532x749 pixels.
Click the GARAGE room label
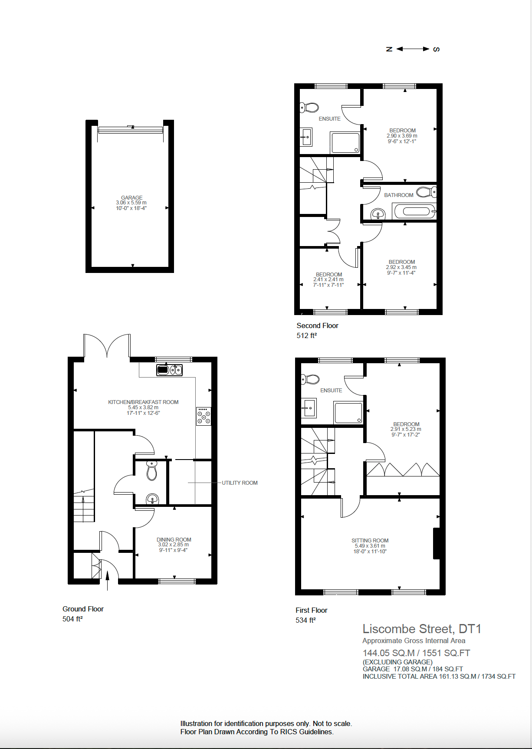click(131, 197)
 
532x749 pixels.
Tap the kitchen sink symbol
click(169, 370)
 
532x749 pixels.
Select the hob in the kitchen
click(204, 416)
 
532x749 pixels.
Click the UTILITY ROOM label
click(240, 483)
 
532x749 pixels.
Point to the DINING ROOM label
click(174, 539)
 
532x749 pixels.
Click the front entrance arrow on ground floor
click(108, 579)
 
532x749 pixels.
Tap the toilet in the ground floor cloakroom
click(151, 471)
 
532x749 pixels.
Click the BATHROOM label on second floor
click(398, 195)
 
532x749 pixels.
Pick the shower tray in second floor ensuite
click(345, 143)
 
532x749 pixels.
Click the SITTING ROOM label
click(370, 540)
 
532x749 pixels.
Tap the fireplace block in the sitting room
click(437, 543)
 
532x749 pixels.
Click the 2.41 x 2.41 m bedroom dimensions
click(328, 279)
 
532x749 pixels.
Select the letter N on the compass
click(389, 49)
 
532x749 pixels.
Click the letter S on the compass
click(437, 49)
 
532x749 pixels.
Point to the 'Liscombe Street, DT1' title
click(421, 629)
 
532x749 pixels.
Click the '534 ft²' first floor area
click(305, 620)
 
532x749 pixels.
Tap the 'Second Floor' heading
click(317, 325)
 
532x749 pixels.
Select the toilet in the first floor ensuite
click(311, 380)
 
